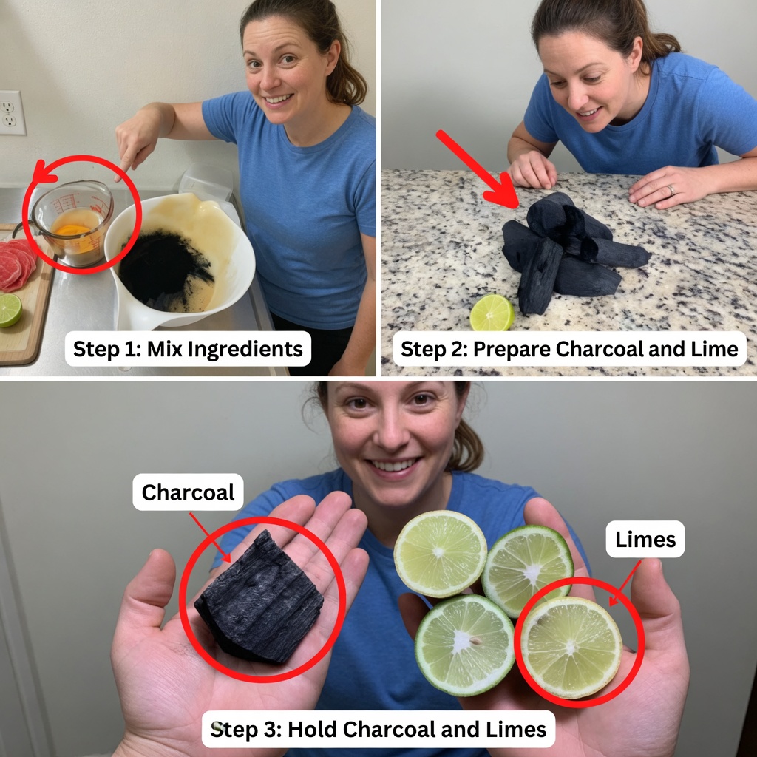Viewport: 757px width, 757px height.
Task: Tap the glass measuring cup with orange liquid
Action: pos(72,223)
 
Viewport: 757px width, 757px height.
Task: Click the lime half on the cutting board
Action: pos(10,310)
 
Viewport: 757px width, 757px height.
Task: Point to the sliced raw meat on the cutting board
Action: pos(17,265)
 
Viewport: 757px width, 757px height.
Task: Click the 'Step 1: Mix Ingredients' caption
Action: pos(188,349)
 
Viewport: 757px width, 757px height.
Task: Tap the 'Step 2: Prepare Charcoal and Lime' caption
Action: pos(569,349)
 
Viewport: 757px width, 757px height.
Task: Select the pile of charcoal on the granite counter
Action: pos(570,252)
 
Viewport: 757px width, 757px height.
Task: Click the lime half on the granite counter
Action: pos(492,313)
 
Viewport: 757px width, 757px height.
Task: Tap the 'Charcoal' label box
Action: pos(188,492)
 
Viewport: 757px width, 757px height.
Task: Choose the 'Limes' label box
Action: pos(645,539)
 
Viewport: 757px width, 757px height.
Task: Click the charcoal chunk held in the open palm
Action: pos(259,598)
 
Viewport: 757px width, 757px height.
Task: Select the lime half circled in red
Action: pos(571,648)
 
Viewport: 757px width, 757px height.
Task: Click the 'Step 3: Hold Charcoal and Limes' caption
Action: pos(378,728)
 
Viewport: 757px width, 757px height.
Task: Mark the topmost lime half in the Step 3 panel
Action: pos(441,554)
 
